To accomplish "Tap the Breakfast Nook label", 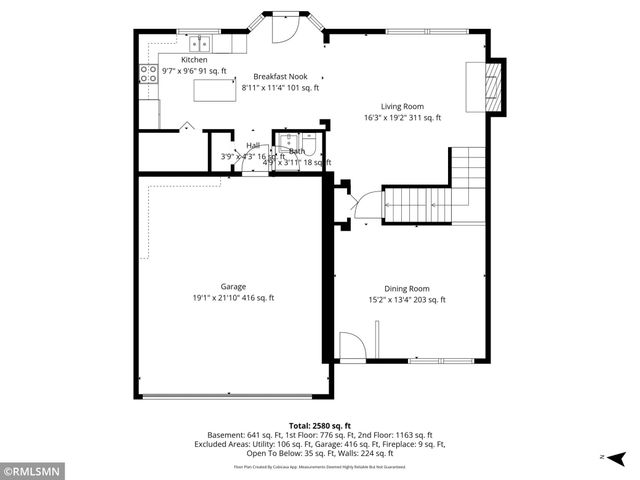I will tap(280, 76).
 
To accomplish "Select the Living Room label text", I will tap(402, 106).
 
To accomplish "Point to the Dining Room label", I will tap(407, 288).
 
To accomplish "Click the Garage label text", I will tap(233, 286).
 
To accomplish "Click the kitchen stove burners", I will tap(148, 72).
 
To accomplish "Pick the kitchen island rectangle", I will tap(211, 91).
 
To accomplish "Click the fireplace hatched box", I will tap(490, 90).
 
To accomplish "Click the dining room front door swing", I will tap(352, 348).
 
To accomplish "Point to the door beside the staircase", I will tap(366, 205).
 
